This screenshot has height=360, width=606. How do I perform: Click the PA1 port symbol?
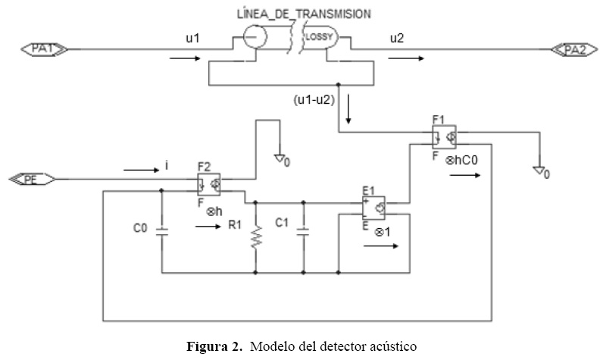pyautogui.click(x=44, y=49)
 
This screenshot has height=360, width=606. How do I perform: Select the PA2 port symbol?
pyautogui.click(x=574, y=50)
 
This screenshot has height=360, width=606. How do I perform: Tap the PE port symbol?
pyautogui.click(x=32, y=180)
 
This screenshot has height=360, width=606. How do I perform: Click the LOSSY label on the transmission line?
pyautogui.click(x=319, y=37)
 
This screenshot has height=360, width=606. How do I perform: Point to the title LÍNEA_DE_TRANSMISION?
pyautogui.click(x=304, y=14)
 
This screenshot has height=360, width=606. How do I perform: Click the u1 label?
pyautogui.click(x=192, y=39)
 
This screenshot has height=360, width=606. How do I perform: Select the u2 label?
pyautogui.click(x=397, y=39)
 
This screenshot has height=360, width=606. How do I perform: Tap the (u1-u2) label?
pyautogui.click(x=314, y=100)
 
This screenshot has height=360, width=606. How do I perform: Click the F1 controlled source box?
pyautogui.click(x=444, y=137)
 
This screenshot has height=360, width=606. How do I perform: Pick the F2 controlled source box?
pyautogui.click(x=209, y=184)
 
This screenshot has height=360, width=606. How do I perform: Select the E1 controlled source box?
pyautogui.click(x=373, y=208)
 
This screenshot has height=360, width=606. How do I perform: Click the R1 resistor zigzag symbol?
pyautogui.click(x=256, y=237)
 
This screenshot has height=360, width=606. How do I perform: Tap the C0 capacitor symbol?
pyautogui.click(x=161, y=232)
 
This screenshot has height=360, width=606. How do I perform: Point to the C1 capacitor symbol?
pyautogui.click(x=304, y=232)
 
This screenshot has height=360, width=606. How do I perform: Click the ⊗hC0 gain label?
pyautogui.click(x=461, y=160)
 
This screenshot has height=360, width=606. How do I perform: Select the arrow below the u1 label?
pyautogui.click(x=185, y=59)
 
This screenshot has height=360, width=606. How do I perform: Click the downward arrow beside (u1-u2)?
pyautogui.click(x=348, y=108)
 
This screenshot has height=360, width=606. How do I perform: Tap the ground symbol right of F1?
pyautogui.click(x=538, y=170)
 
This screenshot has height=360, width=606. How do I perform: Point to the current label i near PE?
pyautogui.click(x=166, y=165)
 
